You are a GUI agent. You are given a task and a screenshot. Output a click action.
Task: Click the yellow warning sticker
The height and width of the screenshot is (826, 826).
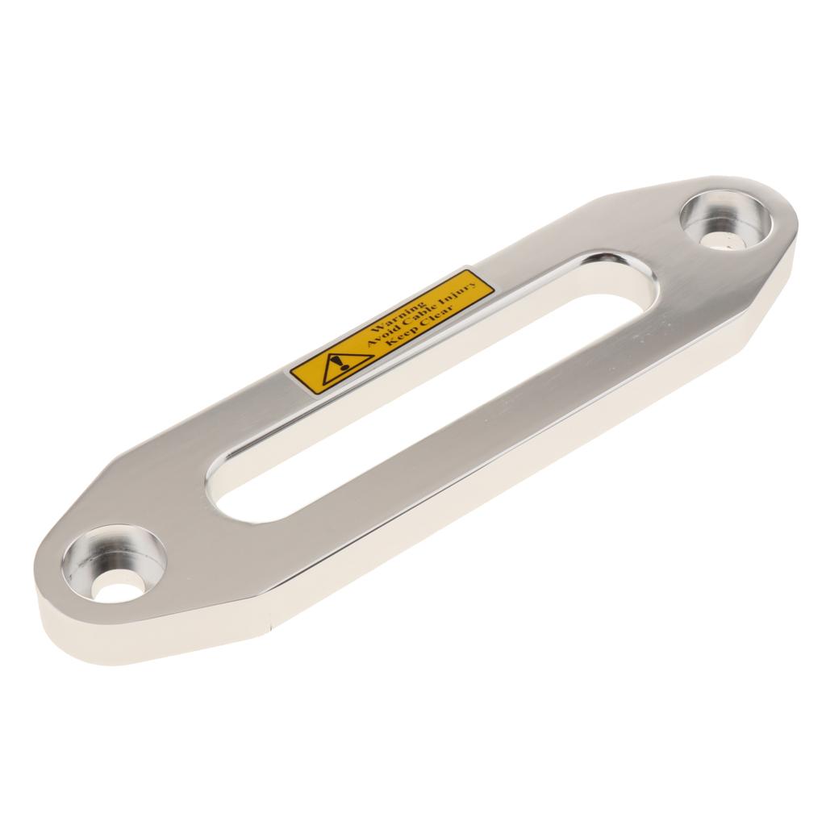pos(392,332)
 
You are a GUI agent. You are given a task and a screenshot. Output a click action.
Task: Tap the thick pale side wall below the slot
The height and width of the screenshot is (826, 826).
pos(484,524)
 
